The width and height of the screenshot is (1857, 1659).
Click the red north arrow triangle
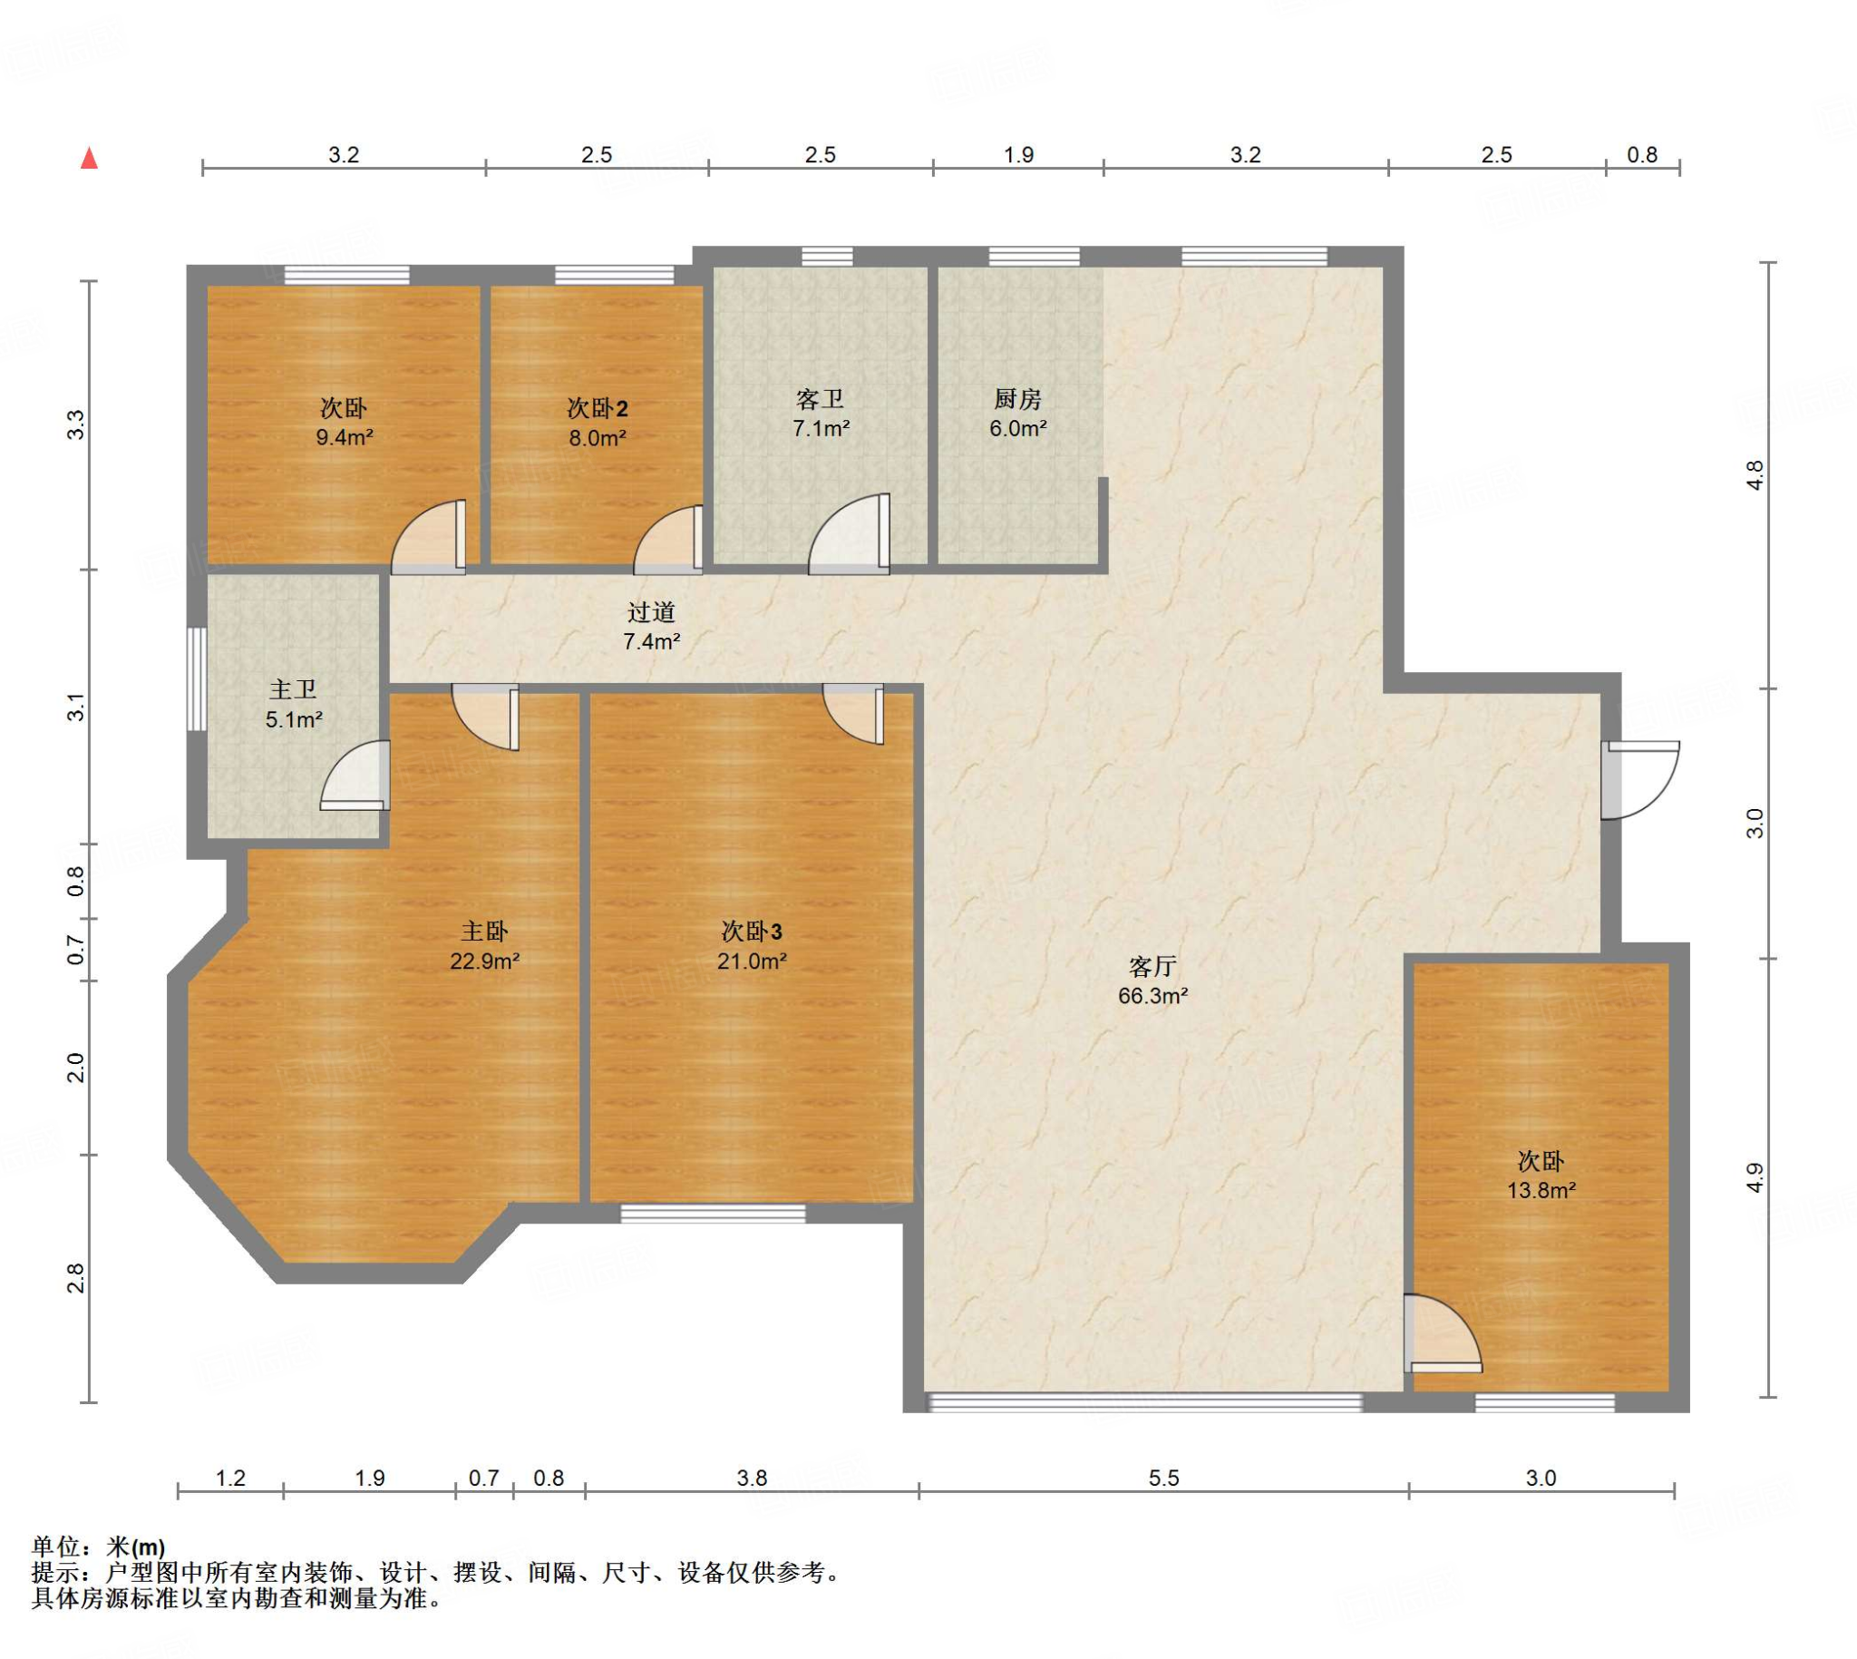(89, 159)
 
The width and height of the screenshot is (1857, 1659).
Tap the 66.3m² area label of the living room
(1152, 995)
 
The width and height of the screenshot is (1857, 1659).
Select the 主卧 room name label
(484, 931)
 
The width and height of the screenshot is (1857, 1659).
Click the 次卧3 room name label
(752, 931)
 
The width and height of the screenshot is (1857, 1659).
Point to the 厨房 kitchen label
(1016, 398)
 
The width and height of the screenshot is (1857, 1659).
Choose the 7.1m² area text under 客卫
(821, 427)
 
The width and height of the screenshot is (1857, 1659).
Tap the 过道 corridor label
(652, 612)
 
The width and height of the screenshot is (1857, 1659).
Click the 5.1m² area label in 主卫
(295, 719)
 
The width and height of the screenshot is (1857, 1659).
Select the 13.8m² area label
(1541, 1189)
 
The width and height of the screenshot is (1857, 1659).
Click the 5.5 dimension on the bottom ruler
(1163, 1478)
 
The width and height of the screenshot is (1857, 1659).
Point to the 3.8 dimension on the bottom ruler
(752, 1478)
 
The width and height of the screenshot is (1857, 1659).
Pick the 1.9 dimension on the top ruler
(1018, 155)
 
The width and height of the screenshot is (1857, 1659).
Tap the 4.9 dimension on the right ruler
(1755, 1176)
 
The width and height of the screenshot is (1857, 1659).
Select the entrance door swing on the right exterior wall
(1640, 780)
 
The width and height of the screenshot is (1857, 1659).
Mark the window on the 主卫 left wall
(196, 678)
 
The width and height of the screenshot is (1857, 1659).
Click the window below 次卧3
(714, 1214)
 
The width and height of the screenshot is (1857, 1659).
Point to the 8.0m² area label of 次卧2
(598, 437)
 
